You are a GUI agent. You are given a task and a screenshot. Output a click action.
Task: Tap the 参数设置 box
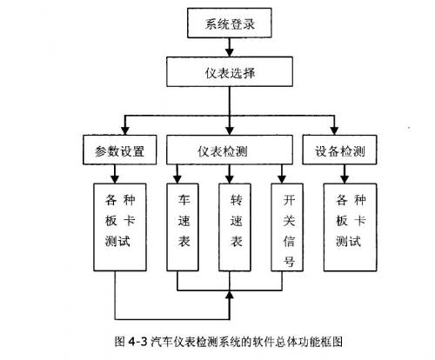pyautogui.click(x=118, y=151)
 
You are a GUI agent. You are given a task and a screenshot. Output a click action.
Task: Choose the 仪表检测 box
pyautogui.click(x=230, y=151)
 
